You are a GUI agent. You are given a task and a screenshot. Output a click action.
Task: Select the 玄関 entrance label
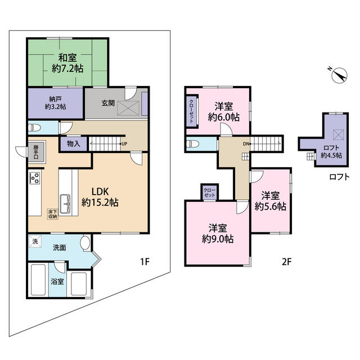[x=109, y=103]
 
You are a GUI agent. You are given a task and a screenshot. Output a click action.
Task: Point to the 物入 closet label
[x=73, y=143]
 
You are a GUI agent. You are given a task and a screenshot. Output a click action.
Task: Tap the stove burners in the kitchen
[x=34, y=179]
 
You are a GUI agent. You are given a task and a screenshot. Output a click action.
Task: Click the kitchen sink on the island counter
[x=65, y=201]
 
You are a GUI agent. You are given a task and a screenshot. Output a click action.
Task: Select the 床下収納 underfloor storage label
[x=52, y=213]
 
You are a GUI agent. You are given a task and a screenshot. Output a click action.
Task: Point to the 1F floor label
[x=143, y=262]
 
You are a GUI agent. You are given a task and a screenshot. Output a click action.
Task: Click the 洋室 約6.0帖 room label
[x=224, y=111]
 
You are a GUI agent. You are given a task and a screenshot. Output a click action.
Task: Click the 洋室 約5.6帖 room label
[x=270, y=201]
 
